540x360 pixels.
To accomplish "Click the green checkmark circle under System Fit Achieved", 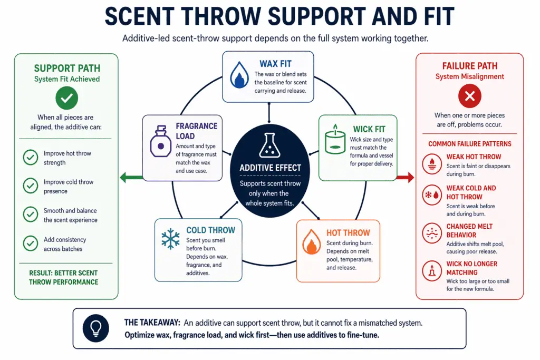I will (66, 98).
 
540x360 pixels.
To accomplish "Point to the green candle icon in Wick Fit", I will (334, 142).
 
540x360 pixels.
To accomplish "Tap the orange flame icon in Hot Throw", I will (311, 243).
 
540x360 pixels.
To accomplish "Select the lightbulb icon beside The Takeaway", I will (95, 328).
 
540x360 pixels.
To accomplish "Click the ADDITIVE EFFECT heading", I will (270, 168).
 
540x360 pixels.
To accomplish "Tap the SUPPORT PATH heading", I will (66, 69).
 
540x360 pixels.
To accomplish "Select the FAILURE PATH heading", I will (469, 66).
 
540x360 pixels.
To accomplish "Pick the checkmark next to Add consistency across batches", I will (30, 243).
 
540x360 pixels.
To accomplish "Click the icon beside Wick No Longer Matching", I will (432, 272).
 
